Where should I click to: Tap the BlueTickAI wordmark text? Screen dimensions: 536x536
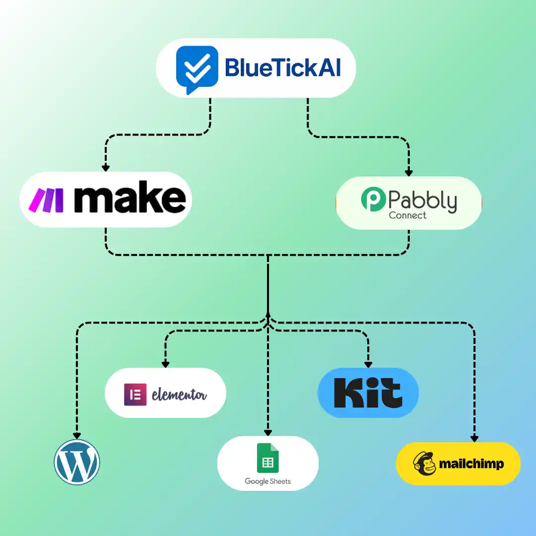[283, 67]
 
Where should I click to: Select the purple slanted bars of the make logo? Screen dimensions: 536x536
[46, 201]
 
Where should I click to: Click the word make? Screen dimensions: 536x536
[130, 200]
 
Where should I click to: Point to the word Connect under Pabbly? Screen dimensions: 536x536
[407, 215]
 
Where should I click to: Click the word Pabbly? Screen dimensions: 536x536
[422, 201]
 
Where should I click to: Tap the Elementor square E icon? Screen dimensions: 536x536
[135, 395]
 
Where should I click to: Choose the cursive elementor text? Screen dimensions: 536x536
[179, 395]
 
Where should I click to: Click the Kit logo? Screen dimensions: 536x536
[368, 393]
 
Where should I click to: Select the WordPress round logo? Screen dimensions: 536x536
[77, 462]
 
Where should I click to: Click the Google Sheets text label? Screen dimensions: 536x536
[268, 481]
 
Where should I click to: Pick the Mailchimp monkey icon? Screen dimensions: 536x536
[424, 464]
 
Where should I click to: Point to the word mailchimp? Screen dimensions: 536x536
[471, 464]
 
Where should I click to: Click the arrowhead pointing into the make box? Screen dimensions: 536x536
[105, 168]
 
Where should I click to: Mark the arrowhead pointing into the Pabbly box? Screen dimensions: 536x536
[408, 173]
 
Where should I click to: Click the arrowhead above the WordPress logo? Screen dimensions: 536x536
[77, 435]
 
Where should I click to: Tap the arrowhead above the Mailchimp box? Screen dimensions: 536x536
[474, 438]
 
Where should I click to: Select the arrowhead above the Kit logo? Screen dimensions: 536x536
[368, 364]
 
